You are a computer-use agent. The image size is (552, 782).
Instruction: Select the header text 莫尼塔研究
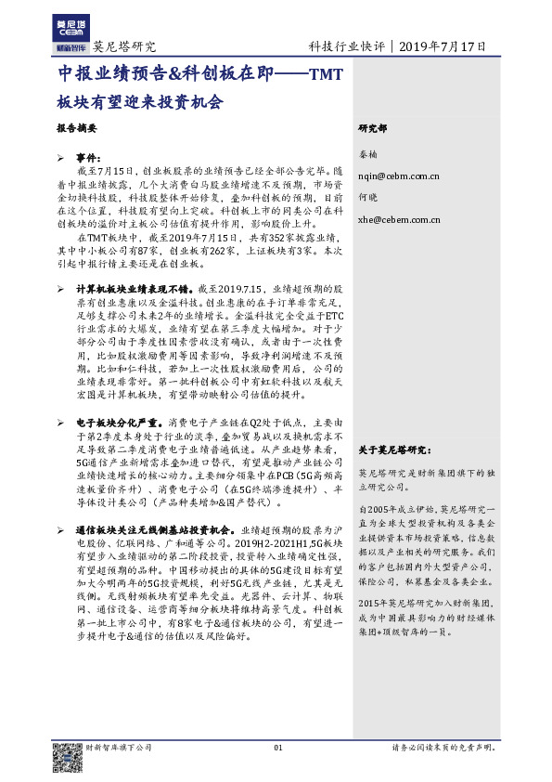coord(124,46)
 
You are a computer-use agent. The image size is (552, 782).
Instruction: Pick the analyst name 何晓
coord(368,198)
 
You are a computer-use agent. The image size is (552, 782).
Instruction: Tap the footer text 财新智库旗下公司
coord(118,748)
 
